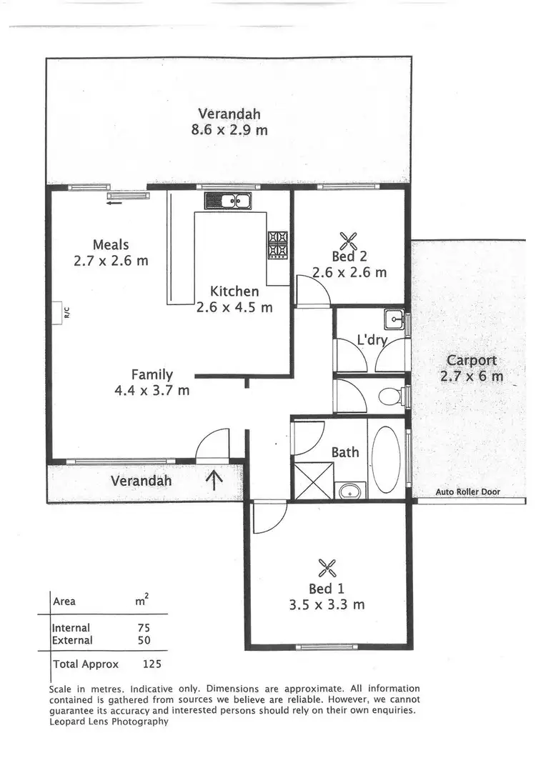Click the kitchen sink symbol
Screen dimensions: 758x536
227,201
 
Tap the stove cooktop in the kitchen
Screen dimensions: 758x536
277,245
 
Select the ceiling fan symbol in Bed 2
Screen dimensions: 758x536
348,239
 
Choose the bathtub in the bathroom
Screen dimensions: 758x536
387,459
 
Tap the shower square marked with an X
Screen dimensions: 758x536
312,481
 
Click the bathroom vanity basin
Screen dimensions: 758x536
350,491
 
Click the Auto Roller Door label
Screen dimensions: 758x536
468,492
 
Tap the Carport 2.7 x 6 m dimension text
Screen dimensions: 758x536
472,376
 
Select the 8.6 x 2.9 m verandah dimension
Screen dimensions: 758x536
229,130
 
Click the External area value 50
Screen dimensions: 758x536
144,641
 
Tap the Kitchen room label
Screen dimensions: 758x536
234,291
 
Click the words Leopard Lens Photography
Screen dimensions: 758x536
109,722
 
